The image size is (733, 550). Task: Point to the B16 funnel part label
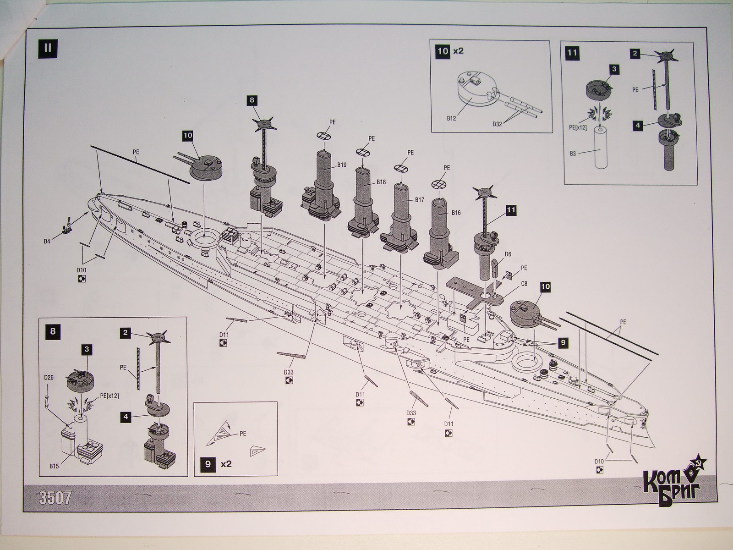pos(455,213)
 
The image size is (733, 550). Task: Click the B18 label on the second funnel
pos(381,182)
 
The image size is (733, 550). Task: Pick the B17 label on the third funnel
pos(419,200)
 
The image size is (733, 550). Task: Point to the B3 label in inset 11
pos(573,154)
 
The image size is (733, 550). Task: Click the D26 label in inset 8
pos(49,377)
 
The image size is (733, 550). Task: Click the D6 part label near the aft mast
pos(508,254)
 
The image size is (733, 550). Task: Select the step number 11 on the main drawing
pos(511,210)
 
